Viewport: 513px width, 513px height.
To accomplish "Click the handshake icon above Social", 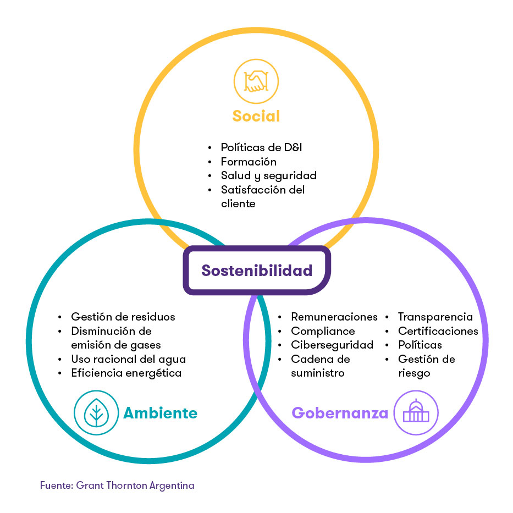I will (256, 82).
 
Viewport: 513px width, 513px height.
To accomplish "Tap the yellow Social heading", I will (256, 116).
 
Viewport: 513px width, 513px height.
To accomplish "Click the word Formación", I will (249, 162).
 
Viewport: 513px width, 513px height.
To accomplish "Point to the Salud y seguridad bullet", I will (268, 176).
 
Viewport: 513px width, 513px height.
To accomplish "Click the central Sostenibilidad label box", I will (257, 271).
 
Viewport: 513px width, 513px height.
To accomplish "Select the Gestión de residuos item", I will (123, 317).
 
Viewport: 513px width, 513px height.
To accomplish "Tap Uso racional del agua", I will (128, 359).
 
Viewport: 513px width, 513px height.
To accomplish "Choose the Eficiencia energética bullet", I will (126, 373).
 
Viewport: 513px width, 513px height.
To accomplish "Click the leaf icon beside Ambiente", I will (96, 413).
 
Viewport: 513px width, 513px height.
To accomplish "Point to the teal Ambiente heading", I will (160, 413).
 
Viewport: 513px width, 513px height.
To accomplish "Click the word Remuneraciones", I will (334, 317).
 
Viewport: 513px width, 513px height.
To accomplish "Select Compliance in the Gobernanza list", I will (323, 331).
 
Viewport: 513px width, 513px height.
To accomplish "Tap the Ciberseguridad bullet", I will (332, 345).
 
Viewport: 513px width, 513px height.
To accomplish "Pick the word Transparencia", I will (435, 317).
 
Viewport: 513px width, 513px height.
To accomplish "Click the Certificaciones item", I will (438, 331).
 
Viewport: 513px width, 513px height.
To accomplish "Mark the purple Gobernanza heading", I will (340, 413).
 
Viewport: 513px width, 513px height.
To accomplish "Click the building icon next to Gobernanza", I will (416, 413).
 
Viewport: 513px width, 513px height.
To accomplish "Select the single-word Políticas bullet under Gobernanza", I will (420, 345).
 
